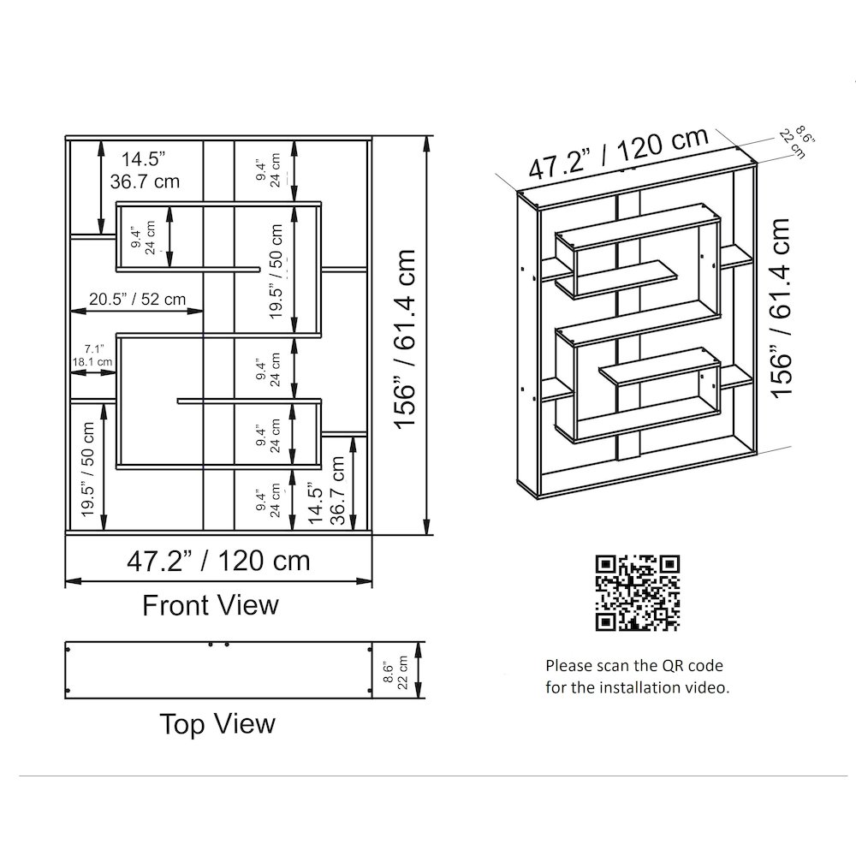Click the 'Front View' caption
tap(211, 605)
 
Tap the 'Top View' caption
tap(217, 724)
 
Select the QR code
tap(638, 593)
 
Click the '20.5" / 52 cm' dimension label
tap(138, 299)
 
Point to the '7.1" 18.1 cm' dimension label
tap(92, 355)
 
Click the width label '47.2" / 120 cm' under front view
tap(218, 561)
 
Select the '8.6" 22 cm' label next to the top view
tap(395, 673)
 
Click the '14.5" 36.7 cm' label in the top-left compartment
tap(145, 170)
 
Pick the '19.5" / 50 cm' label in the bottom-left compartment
tap(88, 469)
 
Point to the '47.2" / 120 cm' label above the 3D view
tap(619, 153)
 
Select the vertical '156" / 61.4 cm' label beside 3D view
tap(780, 308)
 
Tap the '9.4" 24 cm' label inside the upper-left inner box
tap(144, 237)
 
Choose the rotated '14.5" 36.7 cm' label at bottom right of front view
tap(327, 490)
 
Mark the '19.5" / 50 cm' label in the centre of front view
tap(276, 271)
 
